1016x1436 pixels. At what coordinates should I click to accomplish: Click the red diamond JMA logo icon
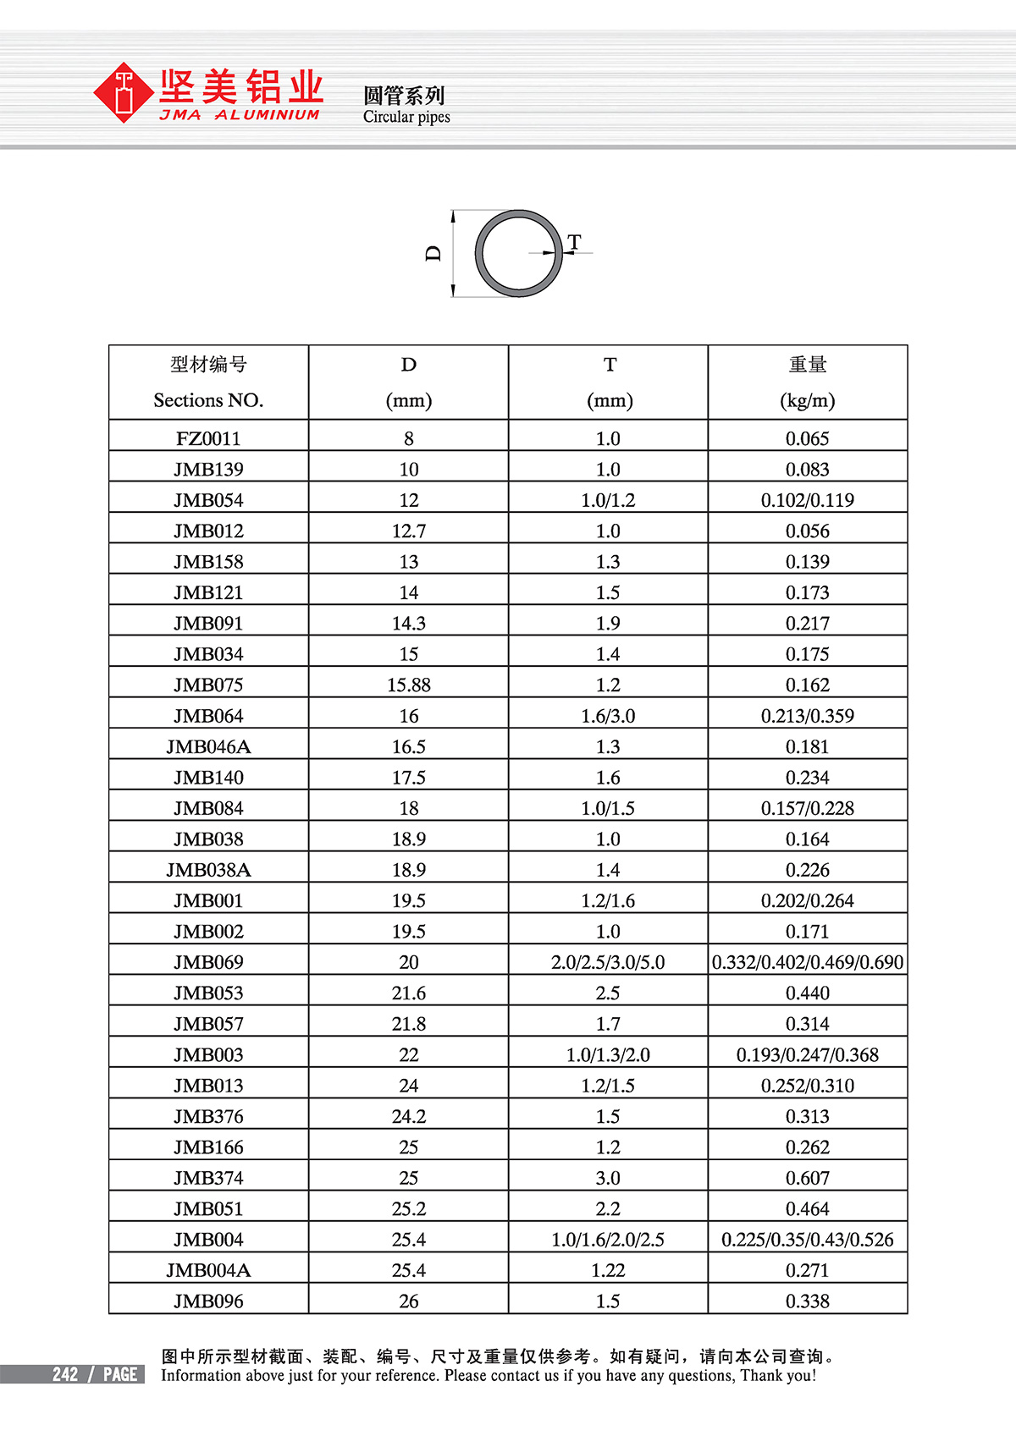(124, 93)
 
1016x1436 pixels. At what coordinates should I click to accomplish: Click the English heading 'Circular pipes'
(406, 117)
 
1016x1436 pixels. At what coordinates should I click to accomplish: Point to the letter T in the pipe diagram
(575, 242)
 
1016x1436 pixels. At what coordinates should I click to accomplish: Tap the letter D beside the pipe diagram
(433, 253)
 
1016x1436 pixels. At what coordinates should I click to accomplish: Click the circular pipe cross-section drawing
(518, 253)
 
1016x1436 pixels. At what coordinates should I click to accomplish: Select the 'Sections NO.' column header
(208, 400)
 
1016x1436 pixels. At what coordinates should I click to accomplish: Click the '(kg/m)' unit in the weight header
(807, 400)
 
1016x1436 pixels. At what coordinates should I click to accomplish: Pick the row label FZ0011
(208, 438)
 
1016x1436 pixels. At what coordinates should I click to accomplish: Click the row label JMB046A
(208, 746)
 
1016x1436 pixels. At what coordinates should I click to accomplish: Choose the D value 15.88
(408, 685)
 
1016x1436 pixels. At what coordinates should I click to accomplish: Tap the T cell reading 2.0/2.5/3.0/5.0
(608, 962)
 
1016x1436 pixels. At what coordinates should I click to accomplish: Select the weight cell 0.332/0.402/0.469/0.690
(807, 962)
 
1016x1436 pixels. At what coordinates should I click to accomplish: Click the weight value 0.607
(807, 1178)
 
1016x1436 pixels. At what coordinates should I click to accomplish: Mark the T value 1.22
(608, 1270)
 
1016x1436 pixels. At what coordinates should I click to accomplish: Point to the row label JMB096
(208, 1301)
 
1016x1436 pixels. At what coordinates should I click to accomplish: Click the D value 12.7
(408, 531)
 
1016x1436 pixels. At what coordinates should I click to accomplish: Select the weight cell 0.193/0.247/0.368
(807, 1054)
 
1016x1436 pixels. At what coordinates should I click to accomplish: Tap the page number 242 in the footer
(65, 1374)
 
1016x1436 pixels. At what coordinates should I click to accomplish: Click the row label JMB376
(208, 1116)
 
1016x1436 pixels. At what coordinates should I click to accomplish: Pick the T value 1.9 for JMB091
(608, 623)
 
